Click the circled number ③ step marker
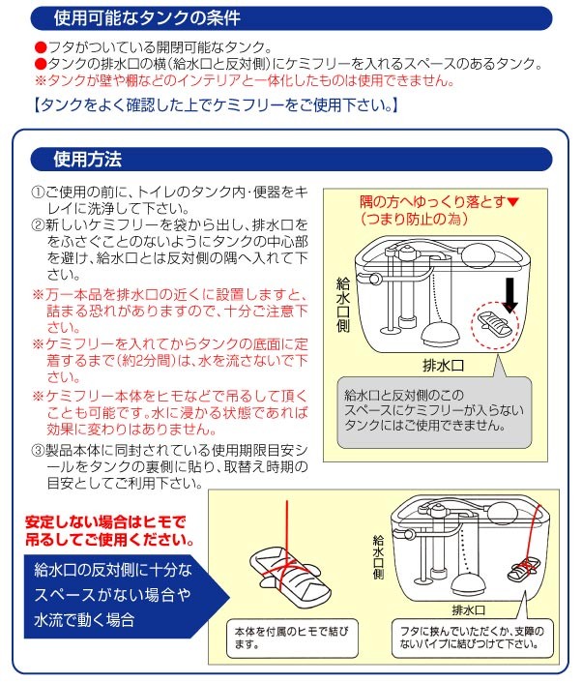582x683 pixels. coord(38,449)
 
